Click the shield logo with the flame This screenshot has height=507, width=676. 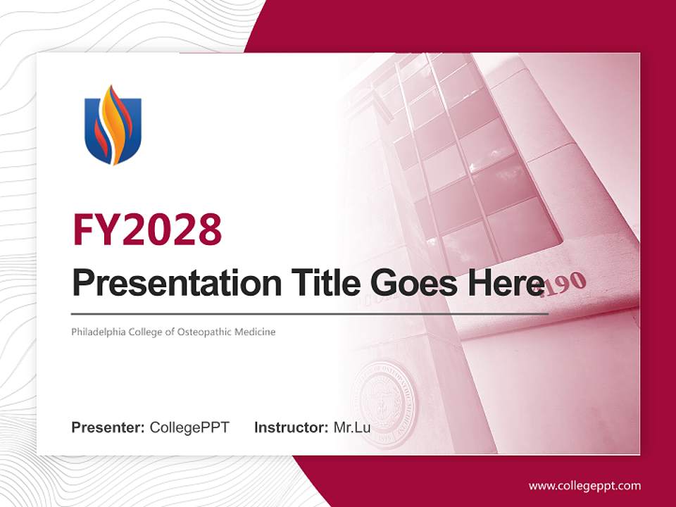tap(113, 125)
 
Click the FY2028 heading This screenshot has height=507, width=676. tap(147, 229)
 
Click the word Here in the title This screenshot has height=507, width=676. tap(503, 283)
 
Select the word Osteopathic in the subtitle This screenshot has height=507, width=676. tap(202, 332)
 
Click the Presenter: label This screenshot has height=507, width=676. tap(108, 427)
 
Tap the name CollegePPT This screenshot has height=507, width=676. tap(189, 427)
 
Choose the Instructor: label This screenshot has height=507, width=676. tap(291, 427)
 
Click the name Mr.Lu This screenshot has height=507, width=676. tap(352, 427)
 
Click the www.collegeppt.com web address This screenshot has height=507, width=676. tap(584, 486)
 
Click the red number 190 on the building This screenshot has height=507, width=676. tap(563, 283)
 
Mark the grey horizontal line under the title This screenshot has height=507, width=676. tap(310, 313)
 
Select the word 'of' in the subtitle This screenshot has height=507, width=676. tap(170, 332)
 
